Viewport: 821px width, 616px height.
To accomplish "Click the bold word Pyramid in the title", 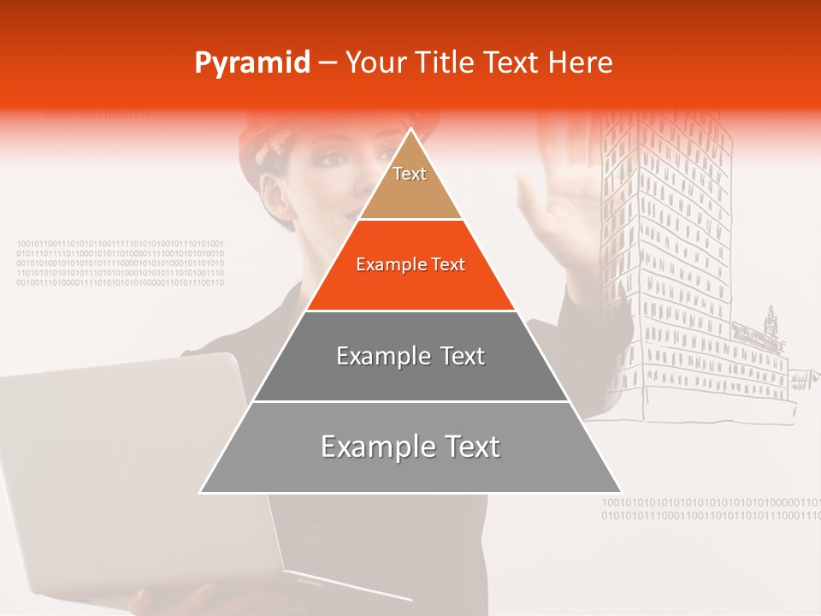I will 252,63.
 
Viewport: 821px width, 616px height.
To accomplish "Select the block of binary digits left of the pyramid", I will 120,263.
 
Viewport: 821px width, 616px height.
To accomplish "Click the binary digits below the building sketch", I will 710,509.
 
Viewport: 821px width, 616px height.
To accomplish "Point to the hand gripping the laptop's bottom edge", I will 184,599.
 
